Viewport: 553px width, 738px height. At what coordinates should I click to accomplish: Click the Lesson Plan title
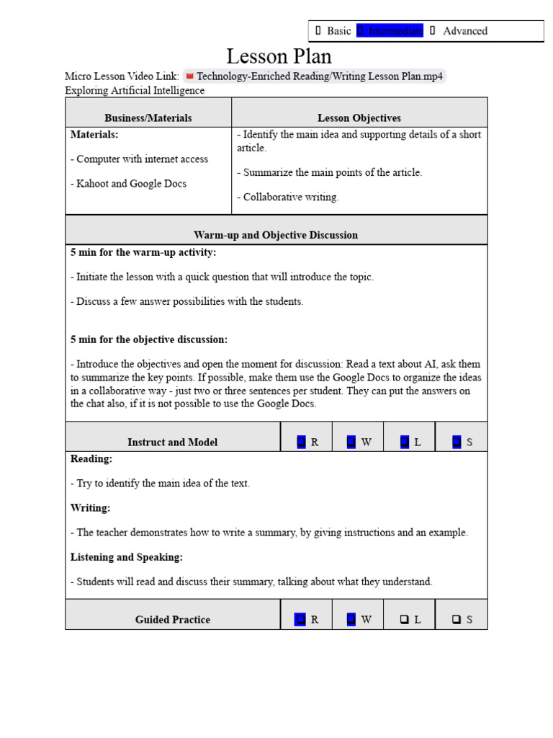(x=279, y=56)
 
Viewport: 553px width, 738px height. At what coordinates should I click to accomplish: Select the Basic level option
(x=333, y=31)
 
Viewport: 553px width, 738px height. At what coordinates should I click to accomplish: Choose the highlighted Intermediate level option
(x=390, y=31)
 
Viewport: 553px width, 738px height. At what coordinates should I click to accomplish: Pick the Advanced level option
(x=459, y=31)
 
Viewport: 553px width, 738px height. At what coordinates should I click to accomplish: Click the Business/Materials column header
(x=148, y=117)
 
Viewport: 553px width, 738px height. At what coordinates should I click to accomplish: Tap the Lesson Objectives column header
(x=359, y=117)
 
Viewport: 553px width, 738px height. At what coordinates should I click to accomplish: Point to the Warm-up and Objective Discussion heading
(x=276, y=235)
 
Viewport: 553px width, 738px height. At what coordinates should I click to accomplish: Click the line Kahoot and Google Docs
(x=128, y=184)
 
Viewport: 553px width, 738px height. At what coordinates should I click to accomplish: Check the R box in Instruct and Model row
(x=301, y=442)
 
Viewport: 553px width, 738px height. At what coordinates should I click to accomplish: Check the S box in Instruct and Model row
(x=457, y=442)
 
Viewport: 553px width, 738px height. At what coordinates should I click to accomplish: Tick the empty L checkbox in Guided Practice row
(x=405, y=619)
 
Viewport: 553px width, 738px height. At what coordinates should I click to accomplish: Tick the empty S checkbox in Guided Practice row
(x=457, y=619)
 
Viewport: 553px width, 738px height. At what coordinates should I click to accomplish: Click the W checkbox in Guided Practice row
(x=351, y=619)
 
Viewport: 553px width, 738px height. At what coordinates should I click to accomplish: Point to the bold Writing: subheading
(x=90, y=508)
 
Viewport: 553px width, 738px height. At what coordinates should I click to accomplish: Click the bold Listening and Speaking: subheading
(x=127, y=557)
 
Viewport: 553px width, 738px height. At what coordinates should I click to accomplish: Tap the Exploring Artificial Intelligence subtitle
(x=135, y=90)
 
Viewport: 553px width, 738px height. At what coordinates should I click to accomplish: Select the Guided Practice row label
(x=173, y=619)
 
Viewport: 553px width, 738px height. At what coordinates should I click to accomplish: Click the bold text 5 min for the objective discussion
(x=149, y=339)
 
